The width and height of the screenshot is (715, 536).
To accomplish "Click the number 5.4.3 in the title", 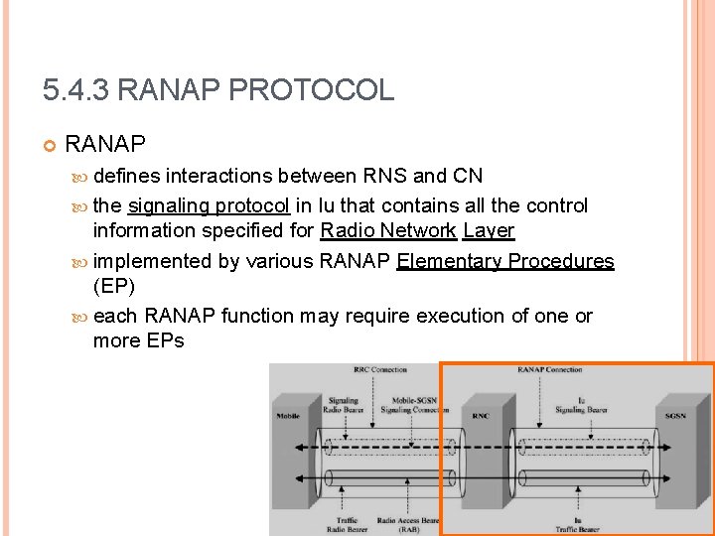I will [x=75, y=91].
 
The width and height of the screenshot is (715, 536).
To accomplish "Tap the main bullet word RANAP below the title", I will [x=105, y=146].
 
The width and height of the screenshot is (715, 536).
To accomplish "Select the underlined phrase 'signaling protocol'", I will [x=209, y=205].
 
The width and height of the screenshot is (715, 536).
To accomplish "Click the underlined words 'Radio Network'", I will [x=388, y=231].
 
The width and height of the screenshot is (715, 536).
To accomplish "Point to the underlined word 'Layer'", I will [x=489, y=231].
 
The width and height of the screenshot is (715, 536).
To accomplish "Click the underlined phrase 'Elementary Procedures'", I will [x=505, y=261].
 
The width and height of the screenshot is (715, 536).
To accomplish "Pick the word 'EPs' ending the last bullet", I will [x=165, y=341].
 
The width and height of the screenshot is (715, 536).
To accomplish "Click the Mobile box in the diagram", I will [x=287, y=416].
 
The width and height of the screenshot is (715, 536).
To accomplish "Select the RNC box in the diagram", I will [x=481, y=416].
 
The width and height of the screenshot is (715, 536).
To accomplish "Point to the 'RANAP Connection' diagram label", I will [x=549, y=370].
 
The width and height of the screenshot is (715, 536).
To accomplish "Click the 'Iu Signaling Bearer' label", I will [x=581, y=405].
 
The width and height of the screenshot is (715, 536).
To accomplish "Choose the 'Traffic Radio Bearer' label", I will [x=347, y=525].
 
